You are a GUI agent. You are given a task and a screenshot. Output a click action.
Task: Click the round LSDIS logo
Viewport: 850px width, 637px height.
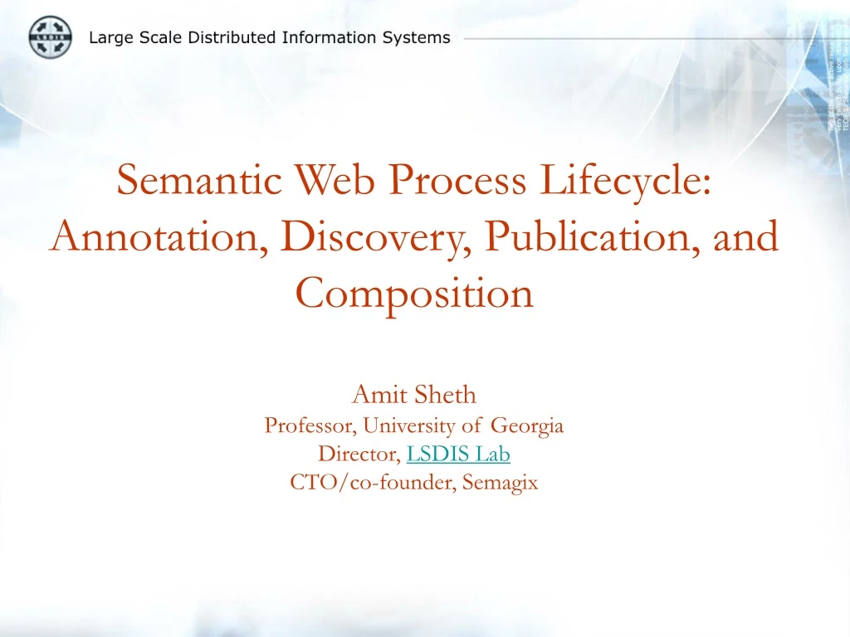pos(51,37)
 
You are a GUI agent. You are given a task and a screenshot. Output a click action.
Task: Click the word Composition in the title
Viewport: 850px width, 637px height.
pos(414,292)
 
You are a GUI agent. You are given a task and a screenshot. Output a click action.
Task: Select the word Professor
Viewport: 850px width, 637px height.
pos(310,426)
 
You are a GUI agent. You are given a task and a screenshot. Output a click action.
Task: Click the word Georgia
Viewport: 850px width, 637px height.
pos(527,426)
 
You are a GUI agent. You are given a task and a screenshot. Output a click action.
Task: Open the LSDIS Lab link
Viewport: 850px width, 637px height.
pos(458,455)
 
